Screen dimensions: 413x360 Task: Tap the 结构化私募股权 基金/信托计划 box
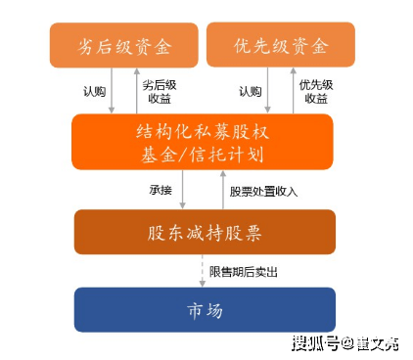[x=203, y=142]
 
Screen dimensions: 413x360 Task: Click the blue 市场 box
[x=205, y=310]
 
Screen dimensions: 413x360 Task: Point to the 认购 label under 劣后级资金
[x=95, y=92]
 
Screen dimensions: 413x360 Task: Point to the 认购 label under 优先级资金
[x=250, y=92]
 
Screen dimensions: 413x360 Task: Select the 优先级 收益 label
[x=315, y=92]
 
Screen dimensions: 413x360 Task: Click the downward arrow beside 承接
[x=181, y=190]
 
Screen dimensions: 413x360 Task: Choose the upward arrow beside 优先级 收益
[x=291, y=91]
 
